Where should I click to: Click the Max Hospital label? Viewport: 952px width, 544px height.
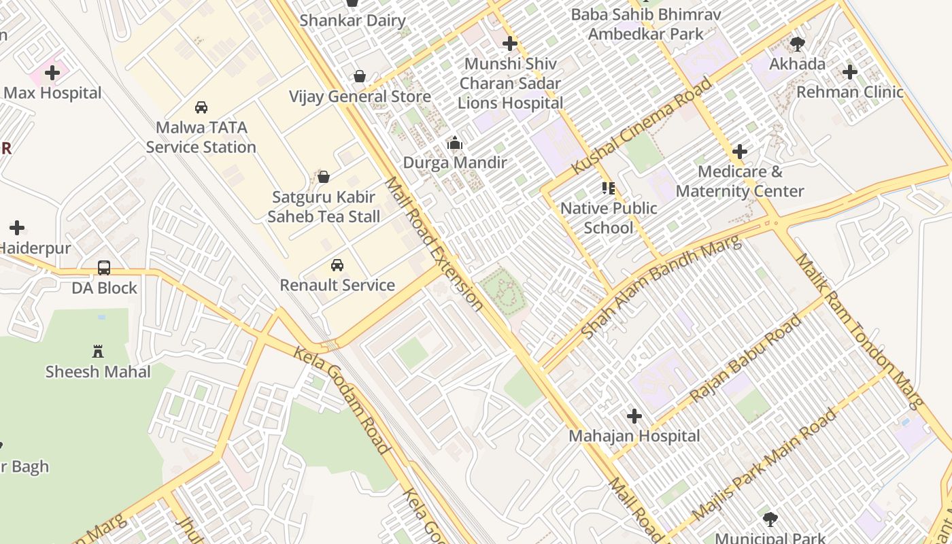tap(52, 93)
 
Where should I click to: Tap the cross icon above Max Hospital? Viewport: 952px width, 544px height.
tap(52, 73)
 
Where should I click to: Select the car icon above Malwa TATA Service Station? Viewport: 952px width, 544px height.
tap(201, 107)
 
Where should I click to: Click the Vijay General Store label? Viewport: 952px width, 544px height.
tap(360, 97)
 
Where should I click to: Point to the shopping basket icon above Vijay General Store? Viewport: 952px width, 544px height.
tap(360, 76)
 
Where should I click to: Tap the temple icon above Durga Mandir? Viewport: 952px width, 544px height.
tap(454, 143)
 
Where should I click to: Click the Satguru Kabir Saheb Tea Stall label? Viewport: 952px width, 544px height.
tap(324, 207)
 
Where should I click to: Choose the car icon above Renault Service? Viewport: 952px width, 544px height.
tap(337, 265)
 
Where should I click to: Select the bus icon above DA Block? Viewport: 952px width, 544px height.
tap(104, 268)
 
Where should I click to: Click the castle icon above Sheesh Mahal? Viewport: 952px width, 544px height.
tap(98, 352)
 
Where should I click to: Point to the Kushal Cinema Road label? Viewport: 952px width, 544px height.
tap(642, 126)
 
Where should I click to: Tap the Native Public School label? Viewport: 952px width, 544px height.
tap(609, 218)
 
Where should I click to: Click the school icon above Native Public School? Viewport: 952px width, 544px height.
tap(609, 188)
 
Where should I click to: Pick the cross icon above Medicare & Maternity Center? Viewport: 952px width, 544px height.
tap(740, 152)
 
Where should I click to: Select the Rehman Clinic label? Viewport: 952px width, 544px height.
tap(849, 92)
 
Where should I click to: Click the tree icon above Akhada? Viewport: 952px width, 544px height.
tap(798, 44)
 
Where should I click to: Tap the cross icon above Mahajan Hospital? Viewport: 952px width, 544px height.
tap(634, 415)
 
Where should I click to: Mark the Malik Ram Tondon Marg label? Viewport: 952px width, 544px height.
tap(860, 331)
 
